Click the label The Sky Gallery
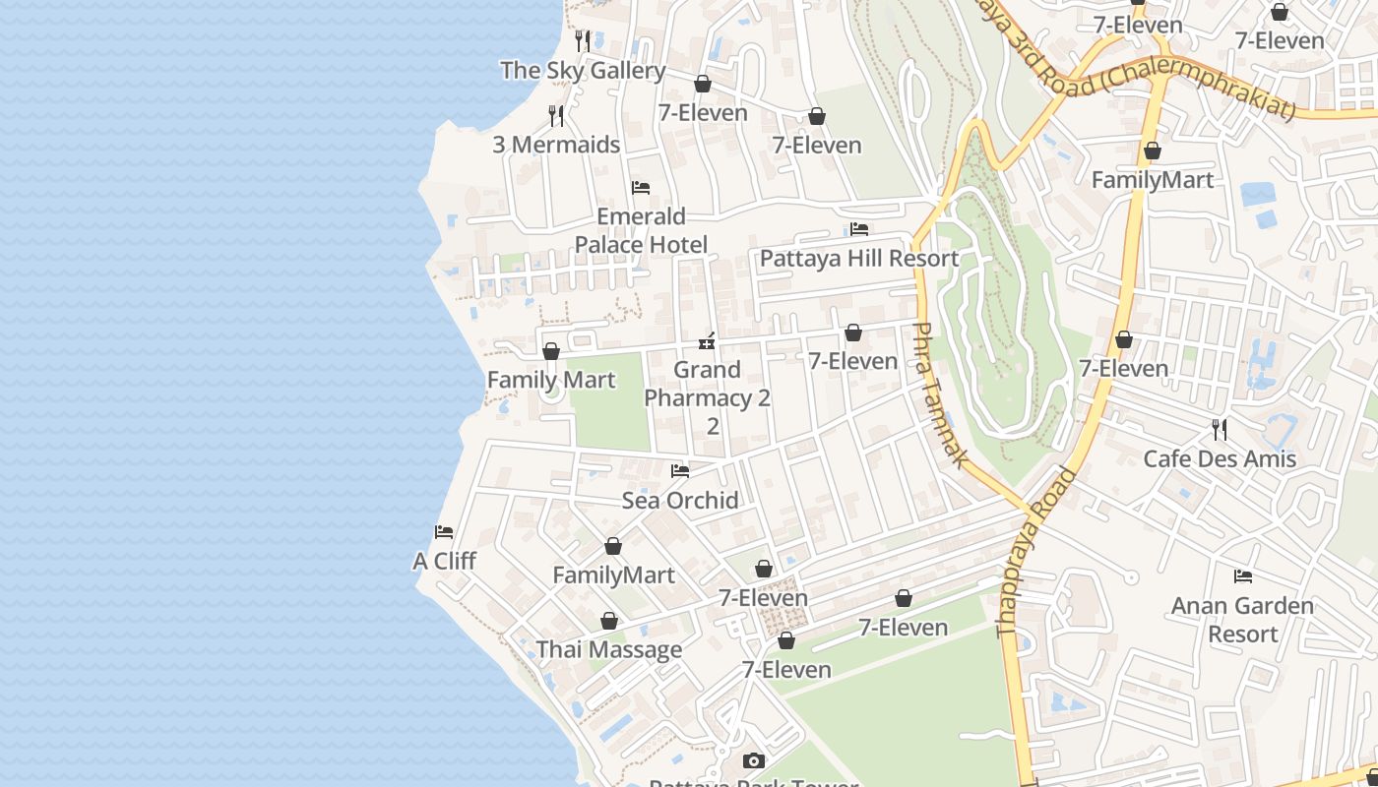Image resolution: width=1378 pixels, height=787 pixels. (583, 71)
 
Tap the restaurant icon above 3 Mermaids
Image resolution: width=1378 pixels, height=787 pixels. (556, 116)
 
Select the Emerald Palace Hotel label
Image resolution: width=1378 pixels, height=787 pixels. (641, 230)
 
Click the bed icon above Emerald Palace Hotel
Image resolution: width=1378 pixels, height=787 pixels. (641, 187)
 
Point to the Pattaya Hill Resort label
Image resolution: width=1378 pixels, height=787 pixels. (858, 259)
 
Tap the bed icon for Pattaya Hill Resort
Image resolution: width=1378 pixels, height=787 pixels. (859, 229)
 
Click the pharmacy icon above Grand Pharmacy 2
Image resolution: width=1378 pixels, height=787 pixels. (707, 341)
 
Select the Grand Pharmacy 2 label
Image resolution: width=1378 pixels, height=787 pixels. (707, 397)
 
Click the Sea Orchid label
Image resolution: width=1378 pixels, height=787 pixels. (680, 501)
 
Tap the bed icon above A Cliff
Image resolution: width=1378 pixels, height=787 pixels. (444, 532)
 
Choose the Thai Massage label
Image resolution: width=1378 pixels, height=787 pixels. (608, 650)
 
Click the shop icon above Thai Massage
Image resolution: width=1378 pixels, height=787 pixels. (609, 622)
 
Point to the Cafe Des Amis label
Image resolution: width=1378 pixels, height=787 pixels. (1220, 459)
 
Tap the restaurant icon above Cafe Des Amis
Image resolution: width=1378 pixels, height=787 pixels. (1220, 430)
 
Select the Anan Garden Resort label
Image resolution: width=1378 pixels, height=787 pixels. (1242, 620)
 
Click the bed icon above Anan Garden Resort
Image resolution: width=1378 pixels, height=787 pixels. (1243, 576)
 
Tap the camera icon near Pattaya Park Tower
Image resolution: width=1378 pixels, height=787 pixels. (754, 760)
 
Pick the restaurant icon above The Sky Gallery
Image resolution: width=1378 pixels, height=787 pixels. (583, 41)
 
